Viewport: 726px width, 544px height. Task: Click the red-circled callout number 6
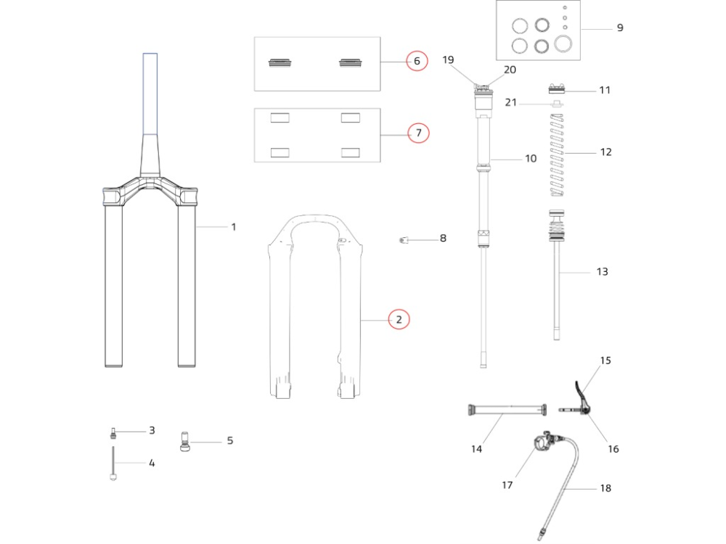click(x=417, y=61)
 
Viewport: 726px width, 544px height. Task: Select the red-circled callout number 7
click(x=417, y=133)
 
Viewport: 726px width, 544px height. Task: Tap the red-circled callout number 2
click(x=399, y=318)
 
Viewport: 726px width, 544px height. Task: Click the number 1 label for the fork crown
click(x=234, y=227)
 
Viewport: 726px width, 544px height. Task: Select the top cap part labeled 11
click(x=558, y=90)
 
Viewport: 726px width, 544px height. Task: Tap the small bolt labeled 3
click(x=113, y=434)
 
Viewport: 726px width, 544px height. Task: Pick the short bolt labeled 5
click(x=184, y=441)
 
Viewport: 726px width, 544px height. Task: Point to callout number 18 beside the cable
click(x=605, y=488)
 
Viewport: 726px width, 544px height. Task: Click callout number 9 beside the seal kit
click(x=619, y=28)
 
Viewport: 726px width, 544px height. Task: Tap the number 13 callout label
click(x=602, y=272)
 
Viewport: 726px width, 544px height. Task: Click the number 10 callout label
click(x=531, y=158)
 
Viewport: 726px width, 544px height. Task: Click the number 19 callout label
click(x=448, y=59)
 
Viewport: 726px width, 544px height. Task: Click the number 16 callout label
click(x=613, y=449)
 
